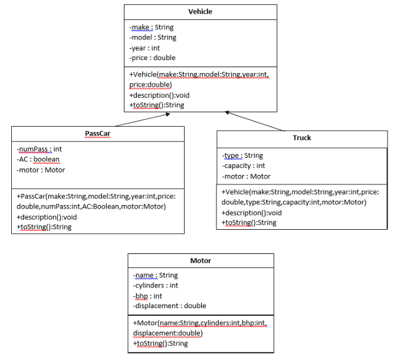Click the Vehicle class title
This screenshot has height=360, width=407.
(200, 12)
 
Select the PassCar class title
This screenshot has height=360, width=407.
(97, 133)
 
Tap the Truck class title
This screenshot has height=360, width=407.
(301, 138)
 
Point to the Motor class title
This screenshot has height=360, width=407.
(201, 260)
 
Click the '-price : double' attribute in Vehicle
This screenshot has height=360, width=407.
(152, 58)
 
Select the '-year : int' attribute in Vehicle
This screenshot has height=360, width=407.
(145, 48)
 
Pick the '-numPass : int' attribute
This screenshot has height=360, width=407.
(40, 149)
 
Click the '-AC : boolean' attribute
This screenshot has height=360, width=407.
(38, 159)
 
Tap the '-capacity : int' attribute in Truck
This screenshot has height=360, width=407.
(243, 166)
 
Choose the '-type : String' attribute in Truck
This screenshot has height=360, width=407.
(242, 156)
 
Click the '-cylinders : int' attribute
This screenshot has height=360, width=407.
(156, 285)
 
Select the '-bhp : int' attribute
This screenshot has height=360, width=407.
(147, 296)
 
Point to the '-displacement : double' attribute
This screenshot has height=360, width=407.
(169, 306)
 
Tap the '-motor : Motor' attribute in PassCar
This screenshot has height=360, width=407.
(41, 170)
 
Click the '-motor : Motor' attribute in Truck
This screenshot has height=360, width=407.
(246, 176)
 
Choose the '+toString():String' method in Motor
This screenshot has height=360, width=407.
(160, 344)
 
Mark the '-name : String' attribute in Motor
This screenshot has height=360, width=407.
(155, 275)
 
